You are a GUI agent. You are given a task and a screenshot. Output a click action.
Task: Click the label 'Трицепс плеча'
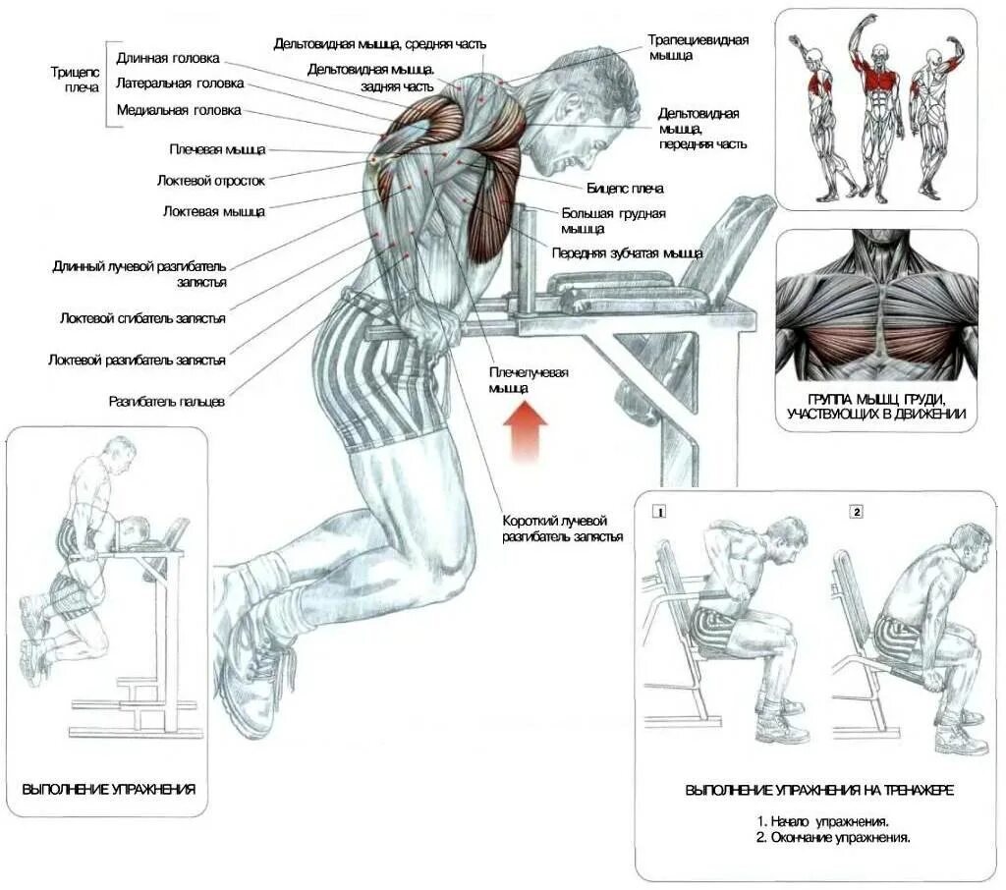(x=75, y=80)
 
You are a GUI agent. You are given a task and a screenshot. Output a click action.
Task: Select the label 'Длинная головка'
(x=168, y=58)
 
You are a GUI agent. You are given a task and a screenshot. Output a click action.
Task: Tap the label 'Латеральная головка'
(x=180, y=83)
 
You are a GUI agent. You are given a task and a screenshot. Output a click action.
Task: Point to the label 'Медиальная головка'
(x=178, y=110)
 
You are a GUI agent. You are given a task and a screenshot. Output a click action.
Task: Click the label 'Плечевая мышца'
(x=216, y=149)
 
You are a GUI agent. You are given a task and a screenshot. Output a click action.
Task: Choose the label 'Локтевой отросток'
(x=210, y=180)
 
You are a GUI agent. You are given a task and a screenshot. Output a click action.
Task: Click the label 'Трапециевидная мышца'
(x=698, y=48)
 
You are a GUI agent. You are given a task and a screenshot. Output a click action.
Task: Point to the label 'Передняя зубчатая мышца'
(x=627, y=252)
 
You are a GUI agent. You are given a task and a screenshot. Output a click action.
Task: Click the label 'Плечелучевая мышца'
(x=529, y=380)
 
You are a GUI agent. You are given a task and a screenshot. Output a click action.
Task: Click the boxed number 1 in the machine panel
(x=660, y=512)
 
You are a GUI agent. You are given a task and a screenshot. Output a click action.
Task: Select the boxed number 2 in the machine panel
(x=857, y=512)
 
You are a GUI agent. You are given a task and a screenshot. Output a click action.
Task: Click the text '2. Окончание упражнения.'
(x=833, y=839)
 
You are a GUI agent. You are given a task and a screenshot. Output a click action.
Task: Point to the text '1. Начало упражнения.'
(x=823, y=820)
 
